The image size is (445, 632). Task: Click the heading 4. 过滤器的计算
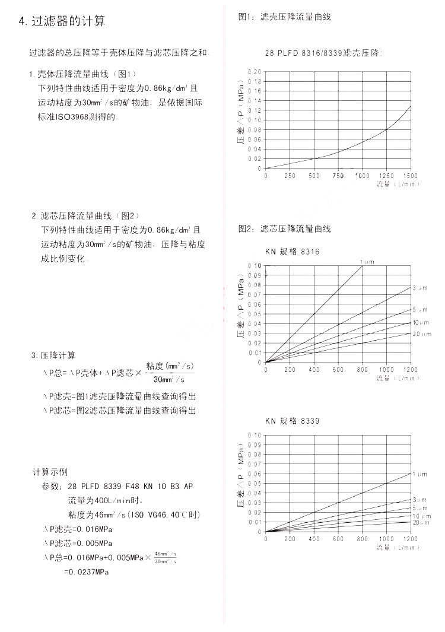(62, 23)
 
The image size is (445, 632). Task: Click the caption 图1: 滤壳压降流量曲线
(284, 17)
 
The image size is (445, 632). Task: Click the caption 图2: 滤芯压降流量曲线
(284, 228)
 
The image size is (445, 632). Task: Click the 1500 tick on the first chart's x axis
(411, 176)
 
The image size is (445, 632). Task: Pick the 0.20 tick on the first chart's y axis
(255, 72)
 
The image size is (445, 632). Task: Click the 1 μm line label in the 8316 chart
(366, 261)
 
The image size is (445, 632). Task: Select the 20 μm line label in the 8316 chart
(420, 334)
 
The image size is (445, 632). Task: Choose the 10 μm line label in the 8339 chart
(420, 516)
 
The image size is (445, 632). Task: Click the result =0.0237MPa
(87, 572)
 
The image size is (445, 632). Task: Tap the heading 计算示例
(50, 472)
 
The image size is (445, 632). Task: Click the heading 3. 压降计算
(53, 355)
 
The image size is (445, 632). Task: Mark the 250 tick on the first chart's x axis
(290, 176)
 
